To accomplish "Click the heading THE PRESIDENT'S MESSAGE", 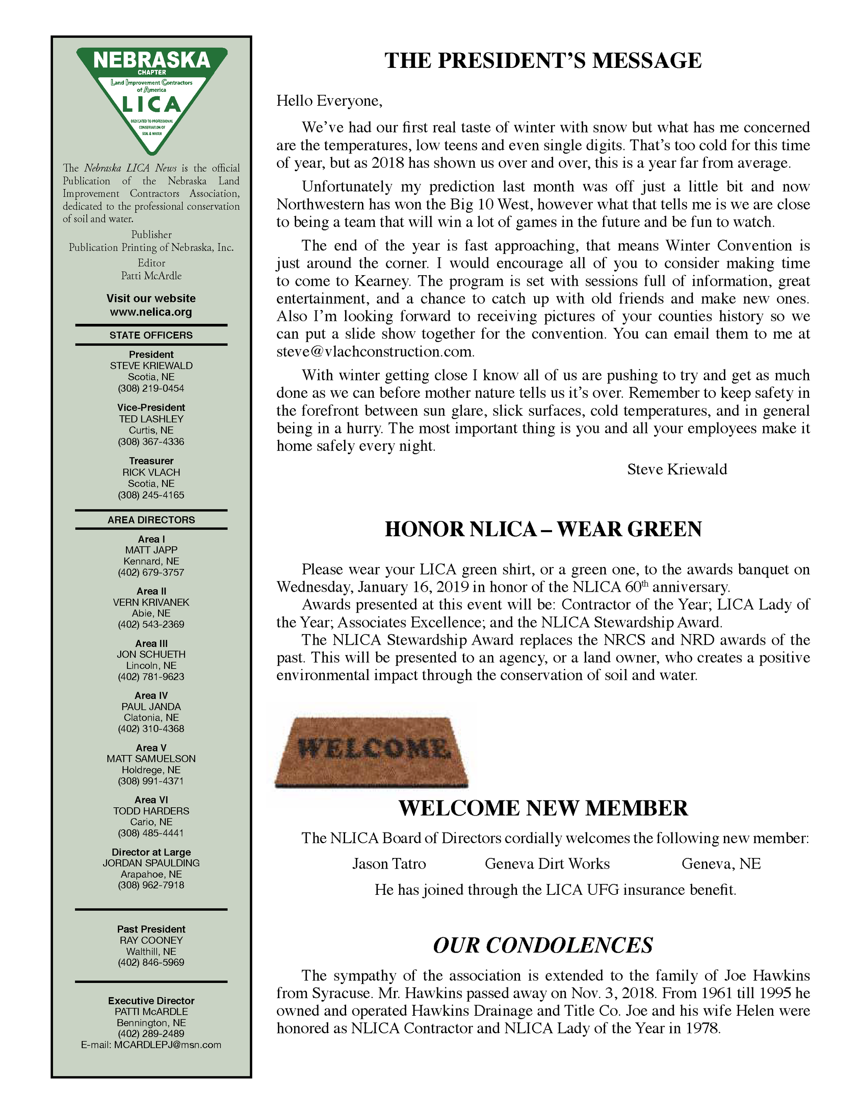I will [543, 61].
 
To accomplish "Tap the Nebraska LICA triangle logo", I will [152, 97].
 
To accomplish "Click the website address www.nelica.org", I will [151, 312].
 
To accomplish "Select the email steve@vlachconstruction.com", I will [375, 352].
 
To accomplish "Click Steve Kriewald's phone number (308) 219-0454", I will [151, 388].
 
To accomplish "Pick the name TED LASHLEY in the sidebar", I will [151, 419].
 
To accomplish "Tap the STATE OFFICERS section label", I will [151, 335].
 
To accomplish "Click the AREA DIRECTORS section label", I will [151, 520].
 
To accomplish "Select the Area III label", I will [151, 643].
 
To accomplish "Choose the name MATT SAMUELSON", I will [151, 759].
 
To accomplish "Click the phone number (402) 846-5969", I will [151, 962].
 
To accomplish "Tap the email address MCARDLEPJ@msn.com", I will [167, 1045].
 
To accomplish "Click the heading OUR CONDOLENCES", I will [543, 945].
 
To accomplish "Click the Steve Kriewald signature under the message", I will [677, 469].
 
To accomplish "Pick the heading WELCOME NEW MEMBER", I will [543, 808].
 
